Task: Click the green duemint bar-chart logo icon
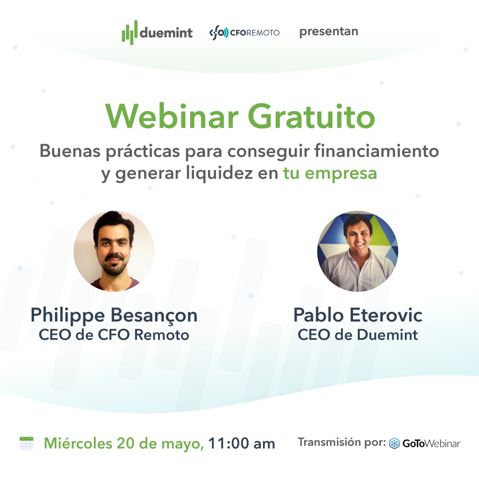[129, 33]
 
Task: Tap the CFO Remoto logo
[244, 33]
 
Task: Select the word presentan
[329, 32]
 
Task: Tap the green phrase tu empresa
[330, 173]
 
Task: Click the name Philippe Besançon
[114, 316]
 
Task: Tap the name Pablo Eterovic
[358, 316]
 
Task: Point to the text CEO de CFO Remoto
[114, 334]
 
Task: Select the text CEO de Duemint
[358, 334]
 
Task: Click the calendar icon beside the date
[26, 443]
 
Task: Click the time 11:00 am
[242, 444]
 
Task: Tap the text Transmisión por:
[342, 442]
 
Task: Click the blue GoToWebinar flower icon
[394, 443]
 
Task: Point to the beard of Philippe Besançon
[114, 268]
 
